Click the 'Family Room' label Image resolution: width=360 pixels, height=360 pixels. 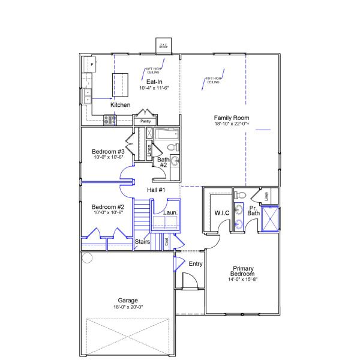[232, 118]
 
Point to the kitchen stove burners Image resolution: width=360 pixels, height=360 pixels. [110, 120]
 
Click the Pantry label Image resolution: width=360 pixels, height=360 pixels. [145, 122]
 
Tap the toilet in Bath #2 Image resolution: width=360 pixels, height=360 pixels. [172, 147]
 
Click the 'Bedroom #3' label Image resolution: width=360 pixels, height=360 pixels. [108, 151]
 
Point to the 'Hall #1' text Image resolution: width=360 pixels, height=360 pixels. [156, 190]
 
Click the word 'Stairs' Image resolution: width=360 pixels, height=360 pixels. [142, 242]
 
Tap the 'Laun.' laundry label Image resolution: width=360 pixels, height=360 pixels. [169, 212]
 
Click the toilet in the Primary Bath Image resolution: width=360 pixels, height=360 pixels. [240, 195]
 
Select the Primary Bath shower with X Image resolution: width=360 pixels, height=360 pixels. [270, 218]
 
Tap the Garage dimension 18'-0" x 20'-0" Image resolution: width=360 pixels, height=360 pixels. [128, 307]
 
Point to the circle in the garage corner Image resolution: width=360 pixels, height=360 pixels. [87, 259]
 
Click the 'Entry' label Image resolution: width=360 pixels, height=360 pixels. [196, 264]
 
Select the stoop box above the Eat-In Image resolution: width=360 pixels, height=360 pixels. [163, 46]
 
